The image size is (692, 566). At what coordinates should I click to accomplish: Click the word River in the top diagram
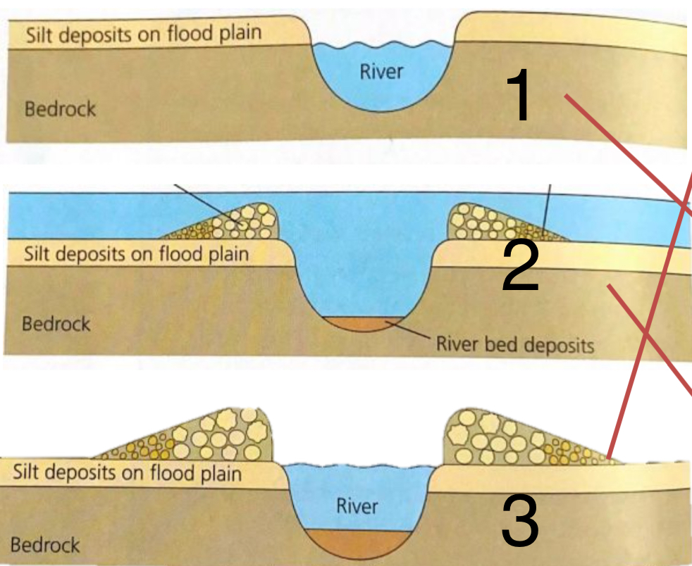[x=382, y=71]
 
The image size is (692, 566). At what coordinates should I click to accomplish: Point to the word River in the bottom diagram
[x=357, y=506]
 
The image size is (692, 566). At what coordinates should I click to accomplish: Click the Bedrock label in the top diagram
[x=60, y=109]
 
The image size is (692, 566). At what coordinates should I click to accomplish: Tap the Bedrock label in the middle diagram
[x=56, y=325]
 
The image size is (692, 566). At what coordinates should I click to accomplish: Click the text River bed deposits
[x=515, y=344]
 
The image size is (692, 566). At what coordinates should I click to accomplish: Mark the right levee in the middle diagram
[x=493, y=220]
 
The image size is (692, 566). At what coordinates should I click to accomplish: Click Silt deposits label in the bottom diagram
[x=127, y=472]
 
